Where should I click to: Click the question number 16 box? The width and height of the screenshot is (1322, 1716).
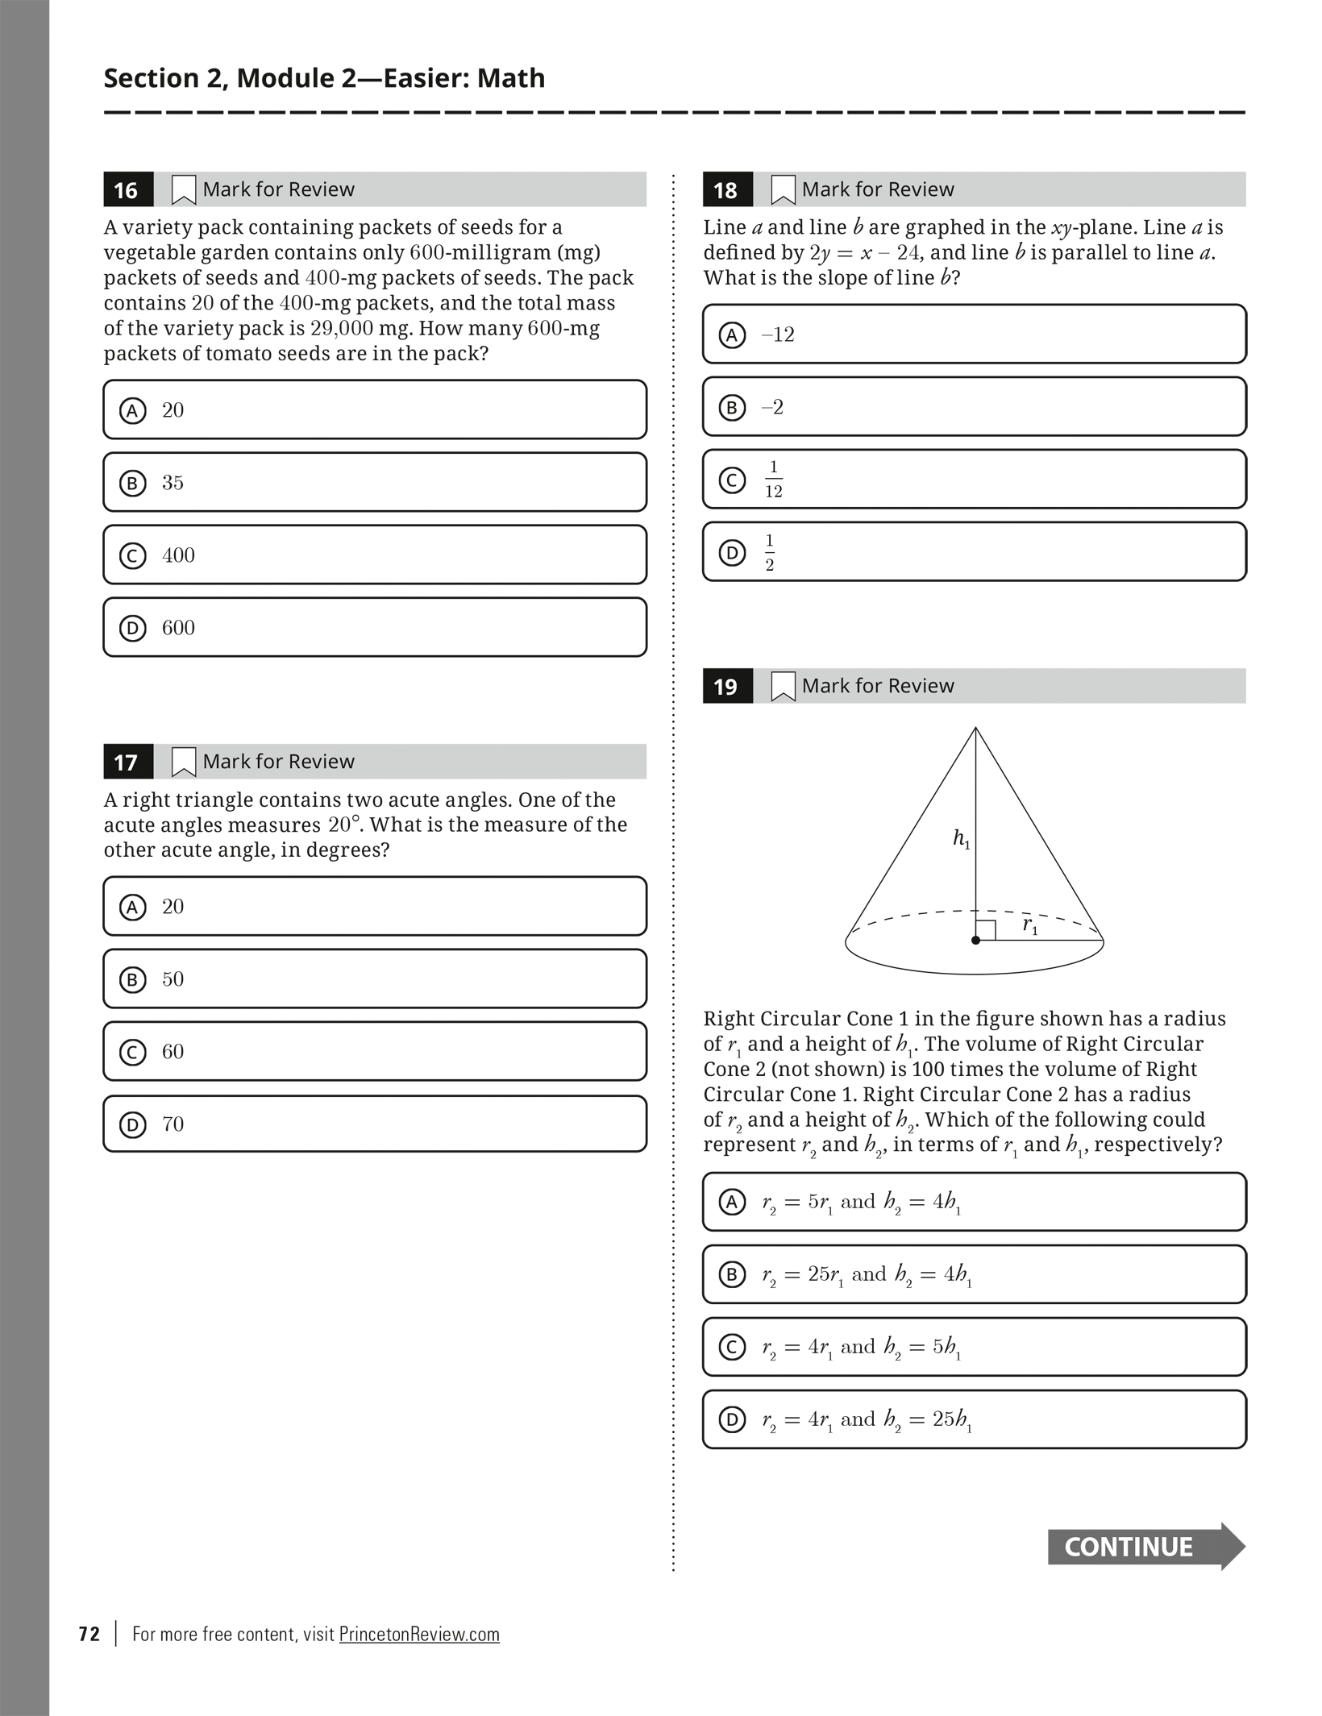pyautogui.click(x=127, y=189)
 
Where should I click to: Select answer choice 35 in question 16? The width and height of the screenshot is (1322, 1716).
pyautogui.click(x=375, y=482)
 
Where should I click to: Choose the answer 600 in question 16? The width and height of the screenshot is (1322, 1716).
pyautogui.click(x=375, y=627)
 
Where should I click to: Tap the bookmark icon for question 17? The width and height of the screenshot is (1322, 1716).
pyautogui.click(x=184, y=762)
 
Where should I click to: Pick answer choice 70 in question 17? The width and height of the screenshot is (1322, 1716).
pyautogui.click(x=375, y=1124)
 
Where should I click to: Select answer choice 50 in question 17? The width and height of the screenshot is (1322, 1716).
pyautogui.click(x=375, y=978)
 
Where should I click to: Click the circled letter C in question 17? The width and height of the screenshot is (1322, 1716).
pyautogui.click(x=132, y=1052)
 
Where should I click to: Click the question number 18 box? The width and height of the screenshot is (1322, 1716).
pyautogui.click(x=727, y=189)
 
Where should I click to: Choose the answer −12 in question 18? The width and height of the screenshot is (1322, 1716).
pyautogui.click(x=974, y=334)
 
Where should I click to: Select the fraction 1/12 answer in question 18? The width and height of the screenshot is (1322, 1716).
pyautogui.click(x=974, y=479)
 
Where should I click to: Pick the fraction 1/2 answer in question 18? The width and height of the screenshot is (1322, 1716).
pyautogui.click(x=974, y=552)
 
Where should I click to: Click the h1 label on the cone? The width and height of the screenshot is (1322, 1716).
pyautogui.click(x=961, y=839)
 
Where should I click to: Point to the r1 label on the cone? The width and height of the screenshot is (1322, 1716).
pyautogui.click(x=1030, y=925)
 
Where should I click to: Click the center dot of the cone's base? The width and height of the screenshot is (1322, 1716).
pyautogui.click(x=975, y=940)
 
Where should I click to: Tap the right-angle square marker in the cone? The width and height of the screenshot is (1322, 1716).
pyautogui.click(x=986, y=930)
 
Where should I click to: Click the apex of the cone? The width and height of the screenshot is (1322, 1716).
pyautogui.click(x=975, y=729)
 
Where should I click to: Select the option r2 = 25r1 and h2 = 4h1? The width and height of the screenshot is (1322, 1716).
pyautogui.click(x=974, y=1274)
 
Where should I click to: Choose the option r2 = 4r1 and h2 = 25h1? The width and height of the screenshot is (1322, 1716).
pyautogui.click(x=974, y=1419)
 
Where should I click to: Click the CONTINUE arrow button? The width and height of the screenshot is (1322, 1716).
pyautogui.click(x=1145, y=1547)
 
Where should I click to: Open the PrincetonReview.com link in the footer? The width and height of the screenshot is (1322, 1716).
pyautogui.click(x=419, y=1634)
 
